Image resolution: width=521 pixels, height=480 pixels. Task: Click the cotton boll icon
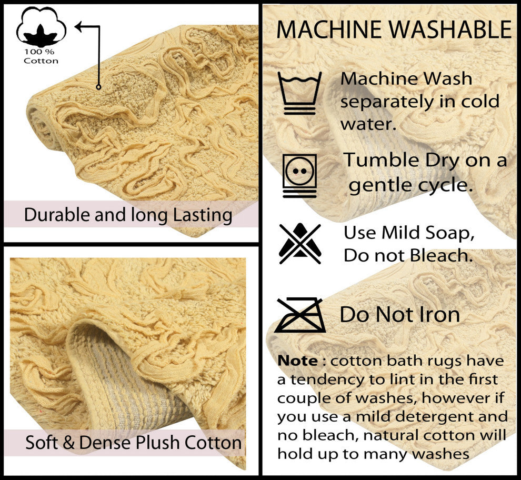(x=41, y=27)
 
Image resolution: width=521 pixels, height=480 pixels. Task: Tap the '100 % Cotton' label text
(x=41, y=56)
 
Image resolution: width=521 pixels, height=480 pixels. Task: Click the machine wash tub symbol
(x=300, y=93)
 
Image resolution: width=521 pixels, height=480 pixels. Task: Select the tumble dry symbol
(x=300, y=175)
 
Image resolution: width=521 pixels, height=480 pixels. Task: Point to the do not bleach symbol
(x=300, y=244)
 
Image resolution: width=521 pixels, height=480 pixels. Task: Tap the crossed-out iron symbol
(x=300, y=315)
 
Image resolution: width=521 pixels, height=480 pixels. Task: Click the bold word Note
(x=298, y=361)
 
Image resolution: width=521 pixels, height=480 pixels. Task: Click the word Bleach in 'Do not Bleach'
(x=441, y=255)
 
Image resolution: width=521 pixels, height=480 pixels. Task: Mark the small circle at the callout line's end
(x=98, y=87)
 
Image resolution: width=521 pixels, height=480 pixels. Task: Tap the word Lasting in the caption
(x=203, y=215)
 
